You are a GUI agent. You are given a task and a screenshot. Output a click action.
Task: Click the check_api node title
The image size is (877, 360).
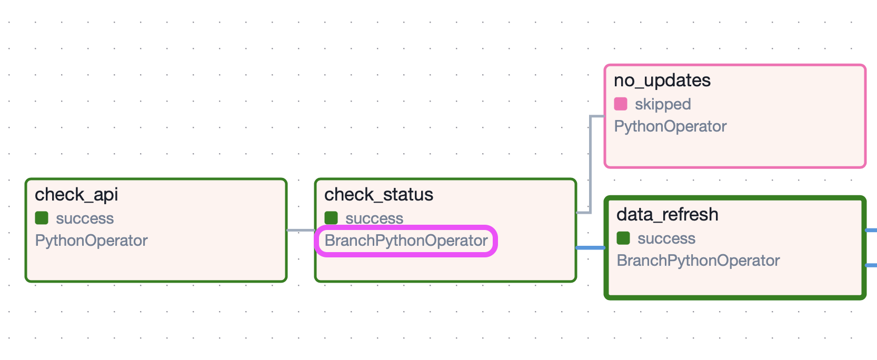76,195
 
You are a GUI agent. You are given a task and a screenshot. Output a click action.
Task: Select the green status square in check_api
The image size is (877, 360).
42,218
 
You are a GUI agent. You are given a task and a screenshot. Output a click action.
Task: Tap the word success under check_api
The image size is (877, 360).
85,218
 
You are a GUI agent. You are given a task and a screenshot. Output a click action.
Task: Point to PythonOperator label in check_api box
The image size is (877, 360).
91,241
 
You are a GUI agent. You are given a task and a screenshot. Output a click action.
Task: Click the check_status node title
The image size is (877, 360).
378,195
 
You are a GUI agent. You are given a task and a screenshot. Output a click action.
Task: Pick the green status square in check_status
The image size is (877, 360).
331,218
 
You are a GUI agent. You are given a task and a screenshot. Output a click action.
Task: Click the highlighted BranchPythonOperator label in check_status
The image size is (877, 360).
406,241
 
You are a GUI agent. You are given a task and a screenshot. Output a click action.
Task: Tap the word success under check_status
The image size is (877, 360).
374,218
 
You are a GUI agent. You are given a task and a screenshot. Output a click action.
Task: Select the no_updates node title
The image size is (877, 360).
662,81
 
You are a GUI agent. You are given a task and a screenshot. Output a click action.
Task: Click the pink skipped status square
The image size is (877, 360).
621,104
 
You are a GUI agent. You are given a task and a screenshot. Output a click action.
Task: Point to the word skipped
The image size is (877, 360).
663,104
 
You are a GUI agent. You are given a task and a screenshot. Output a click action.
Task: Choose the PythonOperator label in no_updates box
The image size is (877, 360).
670,126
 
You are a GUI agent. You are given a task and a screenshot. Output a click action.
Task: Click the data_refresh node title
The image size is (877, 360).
667,215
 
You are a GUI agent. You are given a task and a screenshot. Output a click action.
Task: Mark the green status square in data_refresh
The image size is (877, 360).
623,238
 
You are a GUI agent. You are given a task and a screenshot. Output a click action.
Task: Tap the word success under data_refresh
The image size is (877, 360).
666,239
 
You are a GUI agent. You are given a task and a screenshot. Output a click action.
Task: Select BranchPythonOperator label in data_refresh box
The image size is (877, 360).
698,261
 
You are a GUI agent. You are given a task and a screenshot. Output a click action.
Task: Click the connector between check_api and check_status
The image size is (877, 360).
301,230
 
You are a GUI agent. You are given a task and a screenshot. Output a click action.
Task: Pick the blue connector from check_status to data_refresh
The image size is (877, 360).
591,247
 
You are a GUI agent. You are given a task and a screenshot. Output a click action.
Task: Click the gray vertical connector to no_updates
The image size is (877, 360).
591,163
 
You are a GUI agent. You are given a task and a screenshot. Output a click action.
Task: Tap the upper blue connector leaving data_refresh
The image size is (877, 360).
871,230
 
